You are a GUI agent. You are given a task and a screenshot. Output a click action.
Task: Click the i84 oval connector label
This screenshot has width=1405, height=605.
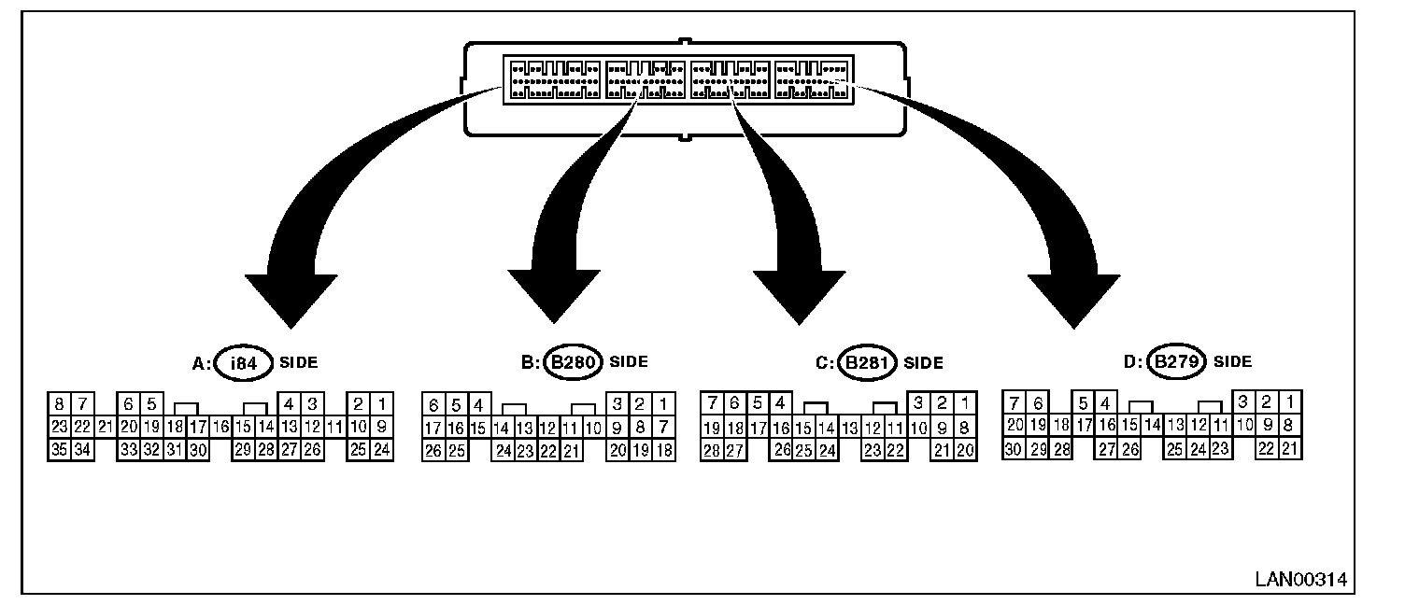pos(243,363)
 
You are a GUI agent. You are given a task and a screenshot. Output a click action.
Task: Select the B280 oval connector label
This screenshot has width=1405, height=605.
pos(572,362)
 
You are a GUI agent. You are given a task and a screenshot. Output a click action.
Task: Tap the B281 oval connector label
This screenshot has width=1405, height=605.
pos(866,362)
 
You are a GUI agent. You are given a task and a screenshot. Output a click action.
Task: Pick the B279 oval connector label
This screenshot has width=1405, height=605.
pos(1176,361)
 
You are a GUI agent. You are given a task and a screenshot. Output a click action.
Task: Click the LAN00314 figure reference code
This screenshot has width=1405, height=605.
pos(1301,580)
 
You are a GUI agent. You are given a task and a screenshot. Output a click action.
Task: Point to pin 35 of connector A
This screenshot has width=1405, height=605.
pos(60,451)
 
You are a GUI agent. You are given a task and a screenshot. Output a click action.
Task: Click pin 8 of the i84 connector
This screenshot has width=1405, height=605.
pos(60,404)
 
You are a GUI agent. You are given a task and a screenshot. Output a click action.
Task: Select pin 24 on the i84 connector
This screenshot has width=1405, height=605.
pos(381,451)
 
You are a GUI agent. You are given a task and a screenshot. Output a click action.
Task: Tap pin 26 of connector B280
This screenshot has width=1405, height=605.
pos(433,451)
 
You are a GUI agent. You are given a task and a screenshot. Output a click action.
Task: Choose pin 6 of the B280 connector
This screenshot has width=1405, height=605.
pos(433,405)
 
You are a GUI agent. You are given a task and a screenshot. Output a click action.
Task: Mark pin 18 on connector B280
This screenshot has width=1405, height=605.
pos(663,451)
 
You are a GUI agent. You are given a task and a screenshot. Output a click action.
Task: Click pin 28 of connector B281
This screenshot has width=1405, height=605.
pos(711,451)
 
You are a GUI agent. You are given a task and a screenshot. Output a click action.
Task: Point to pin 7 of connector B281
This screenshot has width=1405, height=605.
pos(712,404)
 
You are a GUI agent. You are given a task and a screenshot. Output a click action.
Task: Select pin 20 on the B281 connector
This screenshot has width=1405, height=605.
pos(965,451)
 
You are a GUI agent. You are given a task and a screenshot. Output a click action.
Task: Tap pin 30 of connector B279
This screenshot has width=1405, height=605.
pos(1014,449)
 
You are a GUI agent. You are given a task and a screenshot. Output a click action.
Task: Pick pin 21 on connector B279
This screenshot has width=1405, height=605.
pos(1289,449)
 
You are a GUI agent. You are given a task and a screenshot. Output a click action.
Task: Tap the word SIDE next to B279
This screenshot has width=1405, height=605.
pos(1232,362)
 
